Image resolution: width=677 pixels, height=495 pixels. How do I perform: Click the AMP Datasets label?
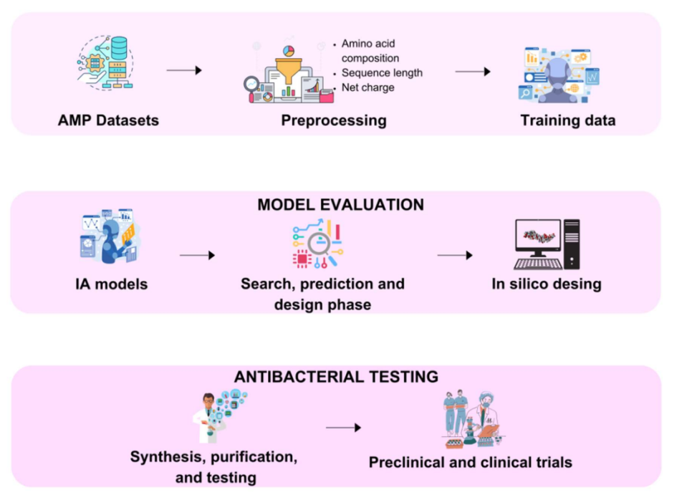(108, 120)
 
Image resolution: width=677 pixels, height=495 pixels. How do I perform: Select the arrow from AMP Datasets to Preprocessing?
(184, 70)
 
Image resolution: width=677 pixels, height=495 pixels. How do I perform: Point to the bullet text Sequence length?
(382, 72)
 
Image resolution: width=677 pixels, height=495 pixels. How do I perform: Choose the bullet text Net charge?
(368, 87)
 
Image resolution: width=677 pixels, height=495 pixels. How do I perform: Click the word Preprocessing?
(333, 120)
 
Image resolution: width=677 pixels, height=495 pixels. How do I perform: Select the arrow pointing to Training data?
(473, 72)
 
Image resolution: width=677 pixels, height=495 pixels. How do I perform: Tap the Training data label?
(567, 120)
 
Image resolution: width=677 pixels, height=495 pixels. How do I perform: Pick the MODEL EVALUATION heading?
(340, 205)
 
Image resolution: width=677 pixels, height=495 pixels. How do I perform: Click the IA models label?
(111, 284)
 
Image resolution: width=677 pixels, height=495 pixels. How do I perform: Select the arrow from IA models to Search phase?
(197, 255)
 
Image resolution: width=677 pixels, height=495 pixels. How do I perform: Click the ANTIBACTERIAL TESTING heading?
(336, 377)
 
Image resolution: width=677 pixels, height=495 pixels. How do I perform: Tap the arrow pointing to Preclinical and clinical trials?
(342, 428)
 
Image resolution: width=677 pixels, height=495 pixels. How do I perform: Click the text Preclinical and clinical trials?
(470, 462)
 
